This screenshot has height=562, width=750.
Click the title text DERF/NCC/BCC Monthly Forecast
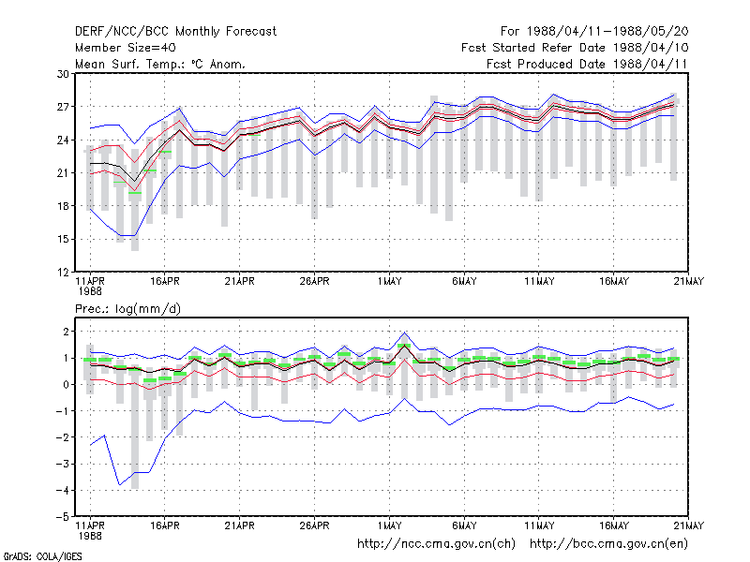tap(175, 32)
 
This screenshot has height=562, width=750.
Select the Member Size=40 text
tap(126, 48)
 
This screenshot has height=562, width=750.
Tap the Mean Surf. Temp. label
tap(133, 64)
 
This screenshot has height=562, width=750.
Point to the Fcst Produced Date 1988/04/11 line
tap(587, 64)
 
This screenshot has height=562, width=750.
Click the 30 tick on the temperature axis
tap(63, 74)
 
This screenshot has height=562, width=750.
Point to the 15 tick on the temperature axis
tap(63, 239)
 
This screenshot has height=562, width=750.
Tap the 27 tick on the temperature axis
tap(63, 107)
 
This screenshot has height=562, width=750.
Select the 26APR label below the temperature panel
tap(314, 281)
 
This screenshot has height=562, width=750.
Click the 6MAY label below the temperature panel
tap(464, 281)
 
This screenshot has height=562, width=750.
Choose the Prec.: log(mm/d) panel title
tap(127, 309)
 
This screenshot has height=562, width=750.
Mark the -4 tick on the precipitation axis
tap(62, 490)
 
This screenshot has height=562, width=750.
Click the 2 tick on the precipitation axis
tap(66, 332)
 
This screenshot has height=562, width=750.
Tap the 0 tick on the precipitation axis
tap(66, 385)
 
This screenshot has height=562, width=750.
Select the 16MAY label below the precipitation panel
tap(614, 525)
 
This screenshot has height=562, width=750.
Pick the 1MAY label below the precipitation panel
tap(389, 525)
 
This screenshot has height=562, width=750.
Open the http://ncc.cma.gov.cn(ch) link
tap(436, 544)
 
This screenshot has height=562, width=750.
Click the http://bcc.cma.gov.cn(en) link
tap(608, 544)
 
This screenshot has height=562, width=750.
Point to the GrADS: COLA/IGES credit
tap(42, 556)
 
